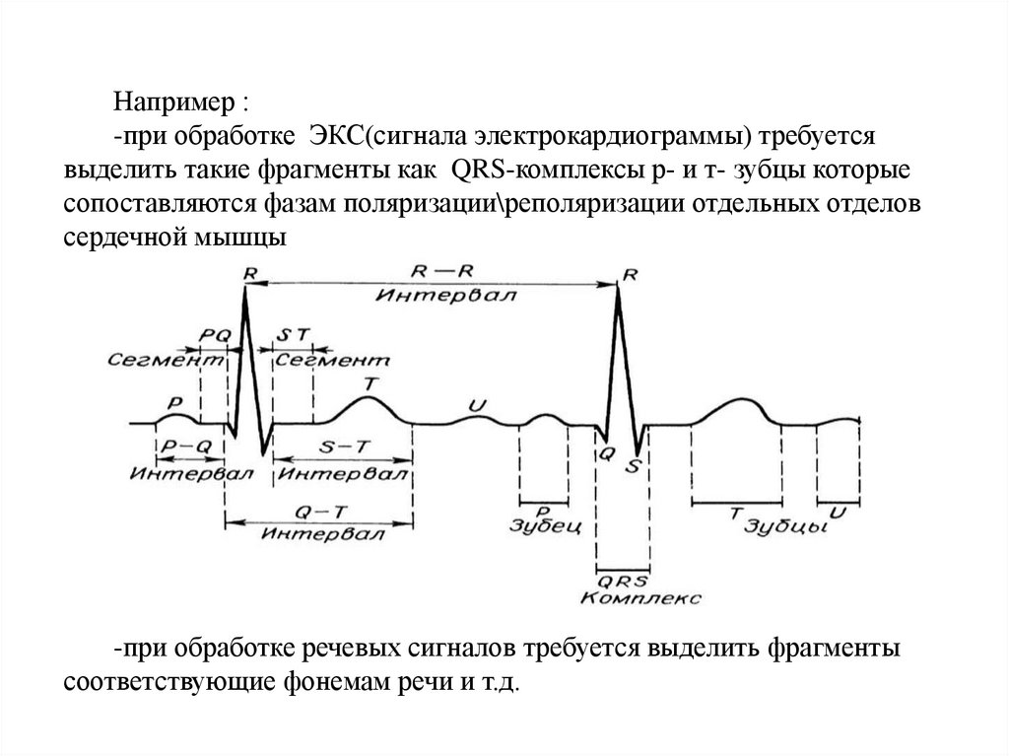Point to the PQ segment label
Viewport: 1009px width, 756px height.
(214, 335)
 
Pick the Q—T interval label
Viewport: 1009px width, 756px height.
(316, 513)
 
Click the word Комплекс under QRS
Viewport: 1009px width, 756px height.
(640, 597)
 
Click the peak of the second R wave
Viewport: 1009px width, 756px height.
(619, 286)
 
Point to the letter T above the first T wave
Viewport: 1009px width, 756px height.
(369, 382)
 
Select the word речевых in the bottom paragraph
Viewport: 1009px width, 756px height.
(340, 651)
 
